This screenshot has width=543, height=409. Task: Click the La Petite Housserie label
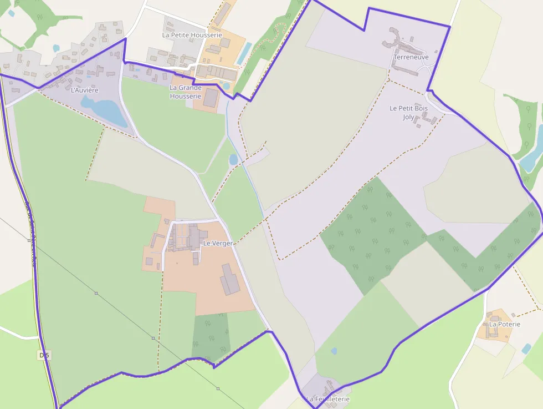point(192,34)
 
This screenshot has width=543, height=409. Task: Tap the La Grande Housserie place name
point(185,92)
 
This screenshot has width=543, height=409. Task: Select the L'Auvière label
point(85,89)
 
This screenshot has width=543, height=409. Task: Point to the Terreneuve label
point(411,57)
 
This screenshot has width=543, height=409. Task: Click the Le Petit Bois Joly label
point(408,112)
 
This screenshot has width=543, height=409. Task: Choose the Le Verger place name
point(218,243)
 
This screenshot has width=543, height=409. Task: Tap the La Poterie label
point(504,324)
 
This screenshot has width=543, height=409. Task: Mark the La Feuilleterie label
point(328,399)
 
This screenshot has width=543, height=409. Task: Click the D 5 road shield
point(44,355)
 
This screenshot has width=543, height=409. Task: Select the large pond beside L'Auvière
point(105,110)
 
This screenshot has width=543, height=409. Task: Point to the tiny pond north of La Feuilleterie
point(334,351)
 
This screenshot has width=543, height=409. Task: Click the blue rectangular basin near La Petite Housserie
point(243,53)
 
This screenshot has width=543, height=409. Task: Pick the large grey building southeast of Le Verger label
point(230,280)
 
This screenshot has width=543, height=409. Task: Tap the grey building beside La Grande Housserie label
point(211,98)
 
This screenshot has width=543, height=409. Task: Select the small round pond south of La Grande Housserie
point(233,160)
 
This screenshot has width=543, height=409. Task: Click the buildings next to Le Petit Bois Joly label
point(426,118)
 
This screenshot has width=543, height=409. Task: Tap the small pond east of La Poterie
point(526,349)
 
